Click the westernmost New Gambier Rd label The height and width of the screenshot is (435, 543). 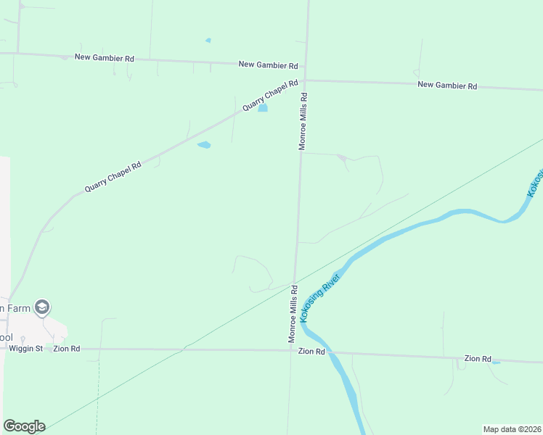(105, 57)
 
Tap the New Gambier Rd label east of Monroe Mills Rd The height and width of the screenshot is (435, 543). (447, 86)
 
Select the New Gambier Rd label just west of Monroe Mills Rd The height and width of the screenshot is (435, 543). (269, 65)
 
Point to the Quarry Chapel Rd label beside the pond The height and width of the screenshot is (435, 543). (270, 96)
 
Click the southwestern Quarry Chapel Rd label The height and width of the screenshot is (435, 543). (113, 177)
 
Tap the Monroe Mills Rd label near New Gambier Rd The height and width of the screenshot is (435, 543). (305, 120)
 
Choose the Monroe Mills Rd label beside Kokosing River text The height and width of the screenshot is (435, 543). (293, 313)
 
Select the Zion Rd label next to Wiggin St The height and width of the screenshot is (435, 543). (65, 349)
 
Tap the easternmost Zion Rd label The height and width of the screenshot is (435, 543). (478, 359)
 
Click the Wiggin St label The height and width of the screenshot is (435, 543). (26, 349)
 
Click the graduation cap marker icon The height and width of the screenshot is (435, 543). (42, 307)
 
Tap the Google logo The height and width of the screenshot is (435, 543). (24, 426)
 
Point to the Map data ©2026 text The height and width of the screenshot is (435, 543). (512, 428)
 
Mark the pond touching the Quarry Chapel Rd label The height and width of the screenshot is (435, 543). (263, 109)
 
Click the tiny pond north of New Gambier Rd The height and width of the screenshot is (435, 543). (208, 40)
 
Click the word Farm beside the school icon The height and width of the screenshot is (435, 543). (18, 308)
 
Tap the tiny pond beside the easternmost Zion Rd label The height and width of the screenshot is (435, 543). (496, 361)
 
